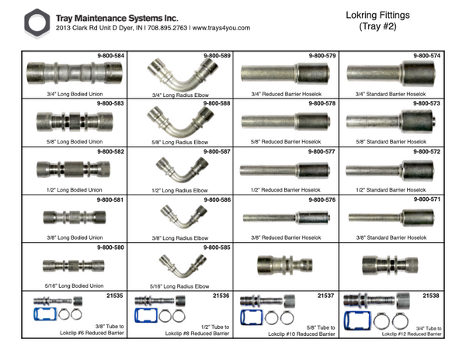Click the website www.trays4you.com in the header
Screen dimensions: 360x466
[220, 28]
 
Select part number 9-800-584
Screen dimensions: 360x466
[111, 56]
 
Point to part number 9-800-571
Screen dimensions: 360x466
[426, 199]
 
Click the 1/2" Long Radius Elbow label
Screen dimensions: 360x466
[180, 190]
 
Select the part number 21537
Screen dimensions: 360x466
[326, 295]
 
